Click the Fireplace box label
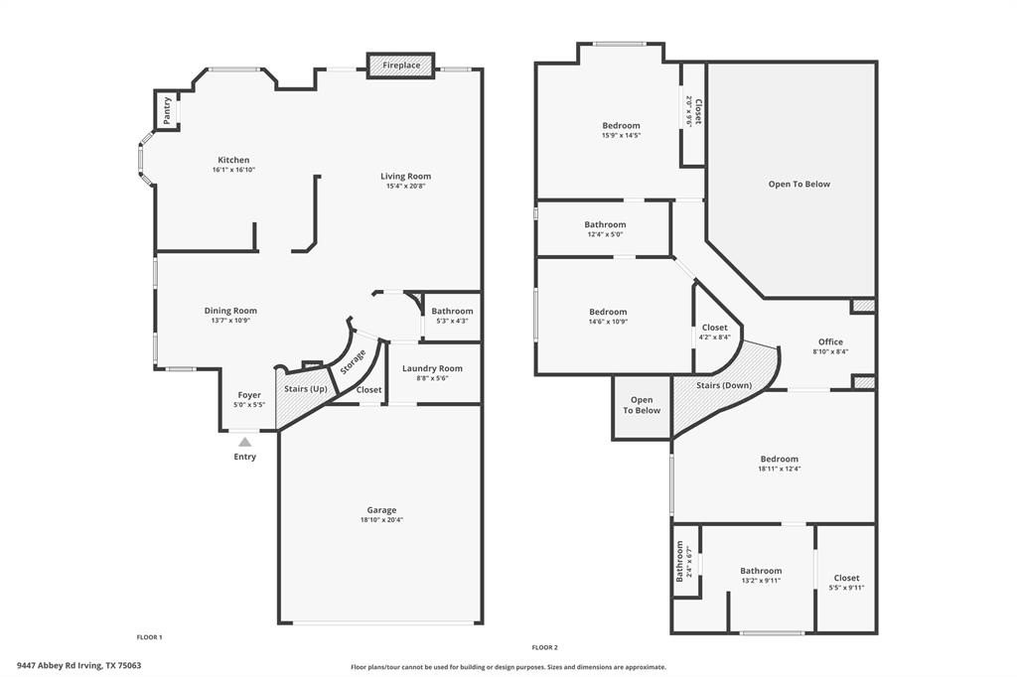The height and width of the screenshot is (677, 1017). (x=401, y=66)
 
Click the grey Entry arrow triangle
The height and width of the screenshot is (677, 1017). (x=244, y=441)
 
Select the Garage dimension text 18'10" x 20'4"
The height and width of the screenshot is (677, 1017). (x=381, y=520)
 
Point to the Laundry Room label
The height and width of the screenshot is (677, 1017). (x=432, y=368)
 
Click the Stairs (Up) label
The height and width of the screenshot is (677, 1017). (x=306, y=388)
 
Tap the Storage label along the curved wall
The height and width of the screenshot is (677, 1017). (x=353, y=361)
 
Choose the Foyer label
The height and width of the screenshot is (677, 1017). (x=249, y=395)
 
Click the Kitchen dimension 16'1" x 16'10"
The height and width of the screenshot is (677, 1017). (x=233, y=170)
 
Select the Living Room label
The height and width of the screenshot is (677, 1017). (x=406, y=176)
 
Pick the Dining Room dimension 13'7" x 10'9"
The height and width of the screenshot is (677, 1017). (x=230, y=321)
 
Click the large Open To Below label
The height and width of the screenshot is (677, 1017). (x=799, y=184)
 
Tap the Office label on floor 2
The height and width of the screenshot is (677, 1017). (x=830, y=341)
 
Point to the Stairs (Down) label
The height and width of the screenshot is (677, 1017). (x=724, y=385)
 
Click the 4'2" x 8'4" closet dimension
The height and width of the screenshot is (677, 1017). (x=715, y=338)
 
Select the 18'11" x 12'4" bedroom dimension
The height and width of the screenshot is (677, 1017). (x=780, y=469)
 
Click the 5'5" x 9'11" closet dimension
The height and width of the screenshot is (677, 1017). (x=846, y=588)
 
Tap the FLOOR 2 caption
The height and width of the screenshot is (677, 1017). (x=544, y=647)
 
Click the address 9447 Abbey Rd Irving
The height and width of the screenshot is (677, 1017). (x=78, y=665)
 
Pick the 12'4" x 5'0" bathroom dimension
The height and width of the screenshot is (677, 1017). (x=605, y=235)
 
